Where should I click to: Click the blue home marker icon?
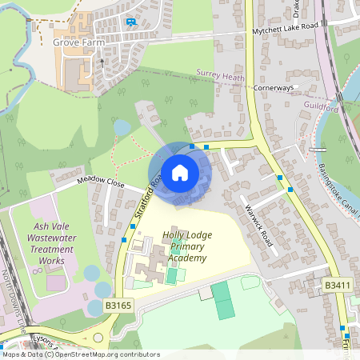(x=180, y=173)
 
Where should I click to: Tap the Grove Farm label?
(x=78, y=42)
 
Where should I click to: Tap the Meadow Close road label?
(x=102, y=182)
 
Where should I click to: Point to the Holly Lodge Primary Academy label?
(x=185, y=246)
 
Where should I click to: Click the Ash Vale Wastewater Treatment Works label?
(x=51, y=232)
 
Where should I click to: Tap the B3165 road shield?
(x=118, y=306)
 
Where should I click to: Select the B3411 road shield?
(x=337, y=285)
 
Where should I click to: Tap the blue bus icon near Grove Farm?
(x=131, y=22)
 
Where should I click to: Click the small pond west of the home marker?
(x=122, y=127)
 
